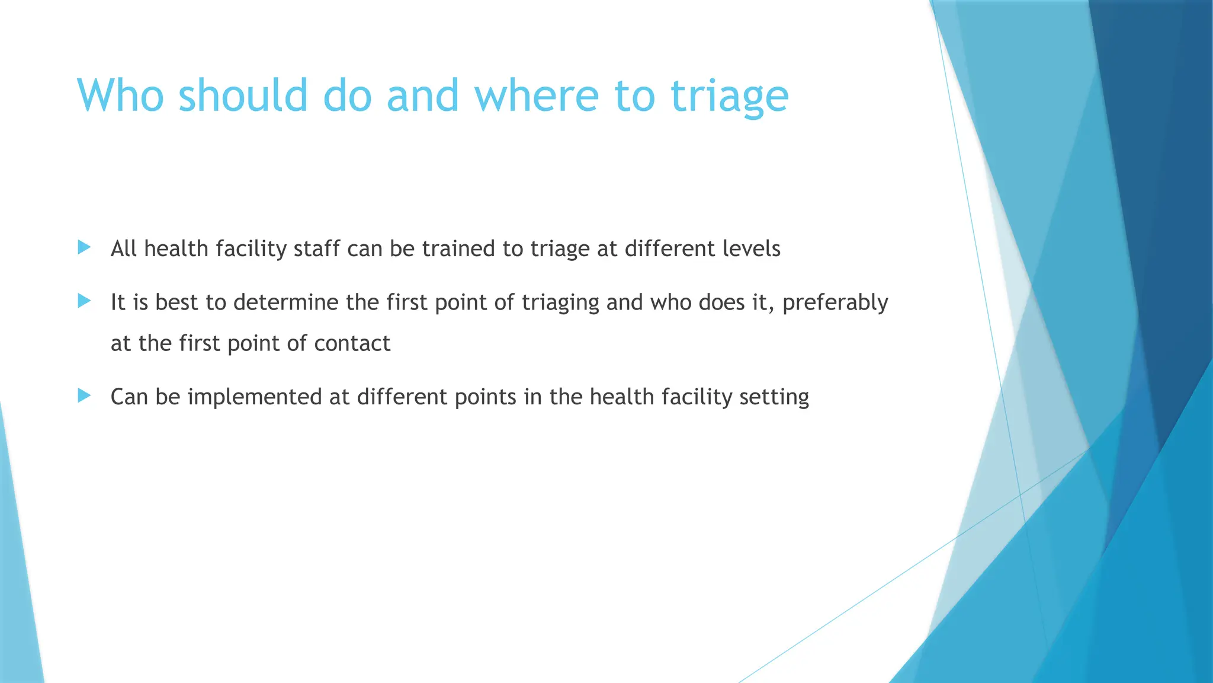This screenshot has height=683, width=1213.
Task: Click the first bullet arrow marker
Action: click(84, 247)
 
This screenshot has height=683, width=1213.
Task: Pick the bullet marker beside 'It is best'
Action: click(84, 301)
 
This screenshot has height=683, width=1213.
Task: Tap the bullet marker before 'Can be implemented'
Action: click(84, 395)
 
